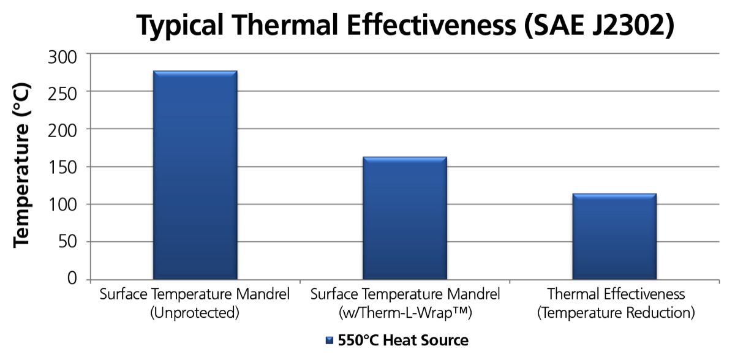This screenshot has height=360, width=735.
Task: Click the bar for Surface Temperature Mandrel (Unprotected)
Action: pos(195,175)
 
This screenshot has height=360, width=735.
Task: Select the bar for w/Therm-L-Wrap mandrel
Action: pos(405,218)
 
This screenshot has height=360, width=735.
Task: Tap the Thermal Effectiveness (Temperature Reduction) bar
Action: pos(614,236)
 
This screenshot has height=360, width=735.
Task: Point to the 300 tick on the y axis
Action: pos(62,57)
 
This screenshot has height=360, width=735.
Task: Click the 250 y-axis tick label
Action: pos(62,95)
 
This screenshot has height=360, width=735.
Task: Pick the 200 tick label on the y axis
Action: pos(62,132)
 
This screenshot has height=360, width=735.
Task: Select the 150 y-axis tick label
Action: pos(62,168)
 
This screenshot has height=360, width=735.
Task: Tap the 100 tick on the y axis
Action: pos(62,205)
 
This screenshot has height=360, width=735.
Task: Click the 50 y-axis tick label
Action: pos(68,242)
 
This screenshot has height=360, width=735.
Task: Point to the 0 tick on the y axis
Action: pos(72,279)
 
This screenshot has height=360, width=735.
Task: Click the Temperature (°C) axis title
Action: pos(22,165)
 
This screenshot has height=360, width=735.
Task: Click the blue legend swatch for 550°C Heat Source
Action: pos(330,340)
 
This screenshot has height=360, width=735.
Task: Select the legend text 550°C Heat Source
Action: pos(403,340)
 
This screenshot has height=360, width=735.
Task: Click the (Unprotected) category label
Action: pos(195,313)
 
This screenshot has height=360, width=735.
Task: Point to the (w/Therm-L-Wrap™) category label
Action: pos(405,313)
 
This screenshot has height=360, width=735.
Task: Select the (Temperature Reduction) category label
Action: pos(616,313)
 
